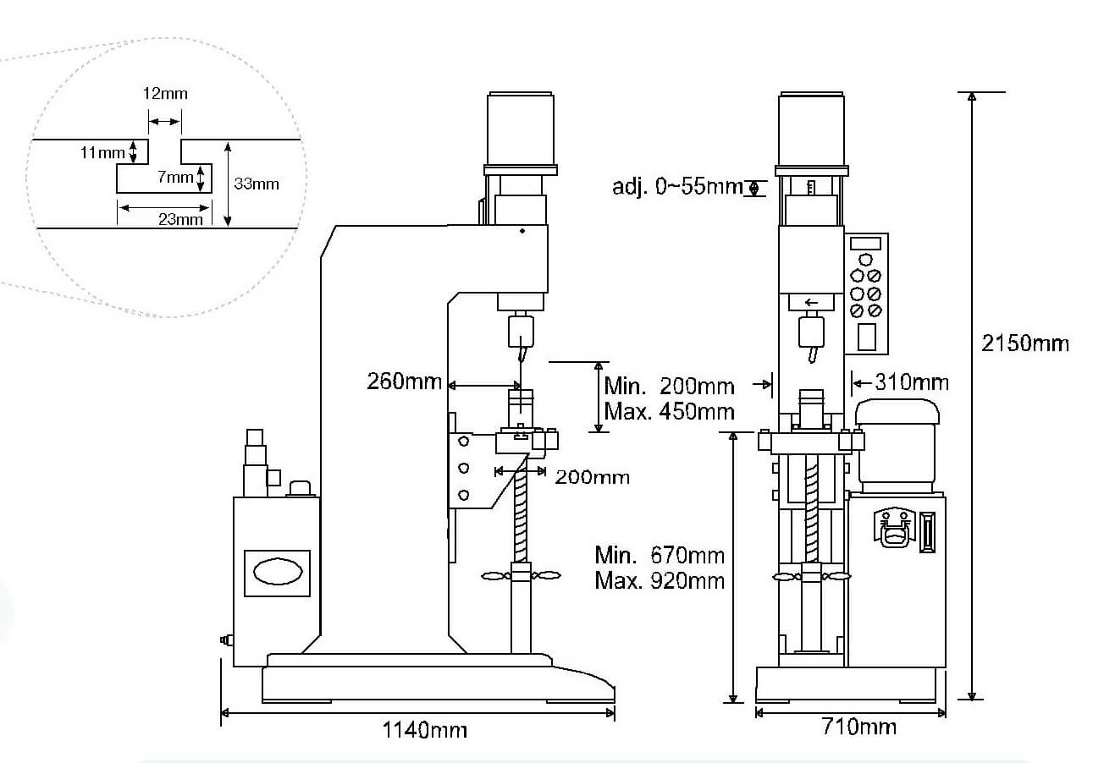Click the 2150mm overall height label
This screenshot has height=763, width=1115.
[1025, 343]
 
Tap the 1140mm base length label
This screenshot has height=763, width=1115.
[425, 730]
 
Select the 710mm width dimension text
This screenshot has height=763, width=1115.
[859, 727]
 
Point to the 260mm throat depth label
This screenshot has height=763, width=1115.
[404, 381]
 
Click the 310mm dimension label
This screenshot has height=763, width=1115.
[912, 382]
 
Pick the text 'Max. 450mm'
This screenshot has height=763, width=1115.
[669, 412]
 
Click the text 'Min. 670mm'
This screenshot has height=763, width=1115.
[660, 555]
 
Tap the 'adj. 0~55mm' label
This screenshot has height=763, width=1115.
[677, 187]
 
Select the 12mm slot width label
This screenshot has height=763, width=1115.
[165, 94]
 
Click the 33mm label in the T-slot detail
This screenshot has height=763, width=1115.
[257, 184]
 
